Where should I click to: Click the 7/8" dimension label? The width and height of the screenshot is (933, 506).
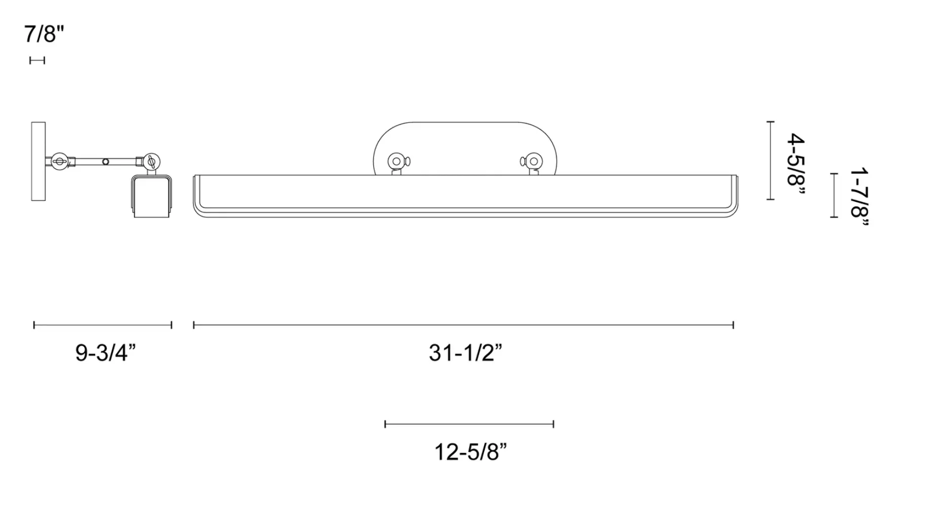44,34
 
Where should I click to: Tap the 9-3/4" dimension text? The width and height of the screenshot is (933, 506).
106,352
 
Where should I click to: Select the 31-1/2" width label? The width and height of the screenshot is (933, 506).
465,352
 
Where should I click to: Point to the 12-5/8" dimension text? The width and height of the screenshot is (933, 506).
471,451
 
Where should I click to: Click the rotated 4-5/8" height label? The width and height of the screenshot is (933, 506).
795,159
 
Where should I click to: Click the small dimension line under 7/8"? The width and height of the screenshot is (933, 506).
37,61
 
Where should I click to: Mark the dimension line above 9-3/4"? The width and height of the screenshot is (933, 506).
103,325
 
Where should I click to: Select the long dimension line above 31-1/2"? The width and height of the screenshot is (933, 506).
463,325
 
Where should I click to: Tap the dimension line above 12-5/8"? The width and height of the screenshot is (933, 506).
469,424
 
